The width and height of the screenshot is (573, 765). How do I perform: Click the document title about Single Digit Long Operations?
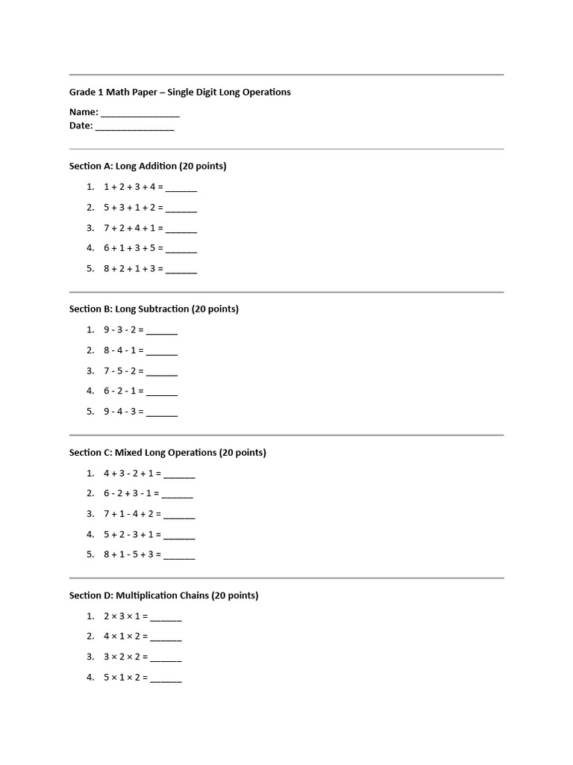pos(180,92)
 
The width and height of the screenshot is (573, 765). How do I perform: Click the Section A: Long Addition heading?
pos(148,166)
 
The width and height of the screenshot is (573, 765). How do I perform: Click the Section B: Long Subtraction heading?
pos(154,309)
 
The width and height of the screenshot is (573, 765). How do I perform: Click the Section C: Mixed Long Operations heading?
pos(168,452)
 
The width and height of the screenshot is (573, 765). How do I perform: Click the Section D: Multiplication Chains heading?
pos(164,595)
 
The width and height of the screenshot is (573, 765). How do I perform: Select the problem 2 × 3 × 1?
pos(125,616)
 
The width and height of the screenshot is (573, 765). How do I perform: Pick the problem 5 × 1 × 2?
pos(125,678)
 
